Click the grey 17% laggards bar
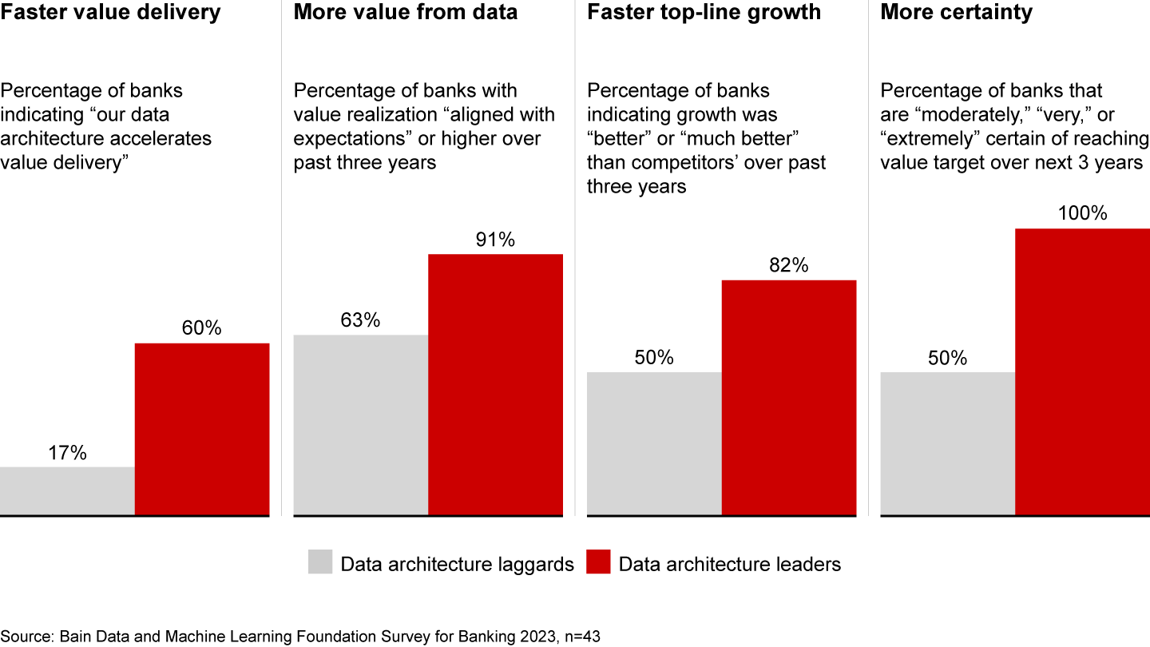67,491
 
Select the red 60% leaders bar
202,430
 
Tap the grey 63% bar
361,425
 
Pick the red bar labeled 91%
495,385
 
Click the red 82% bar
789,398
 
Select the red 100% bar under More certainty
1082,372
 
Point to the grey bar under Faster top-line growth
654,444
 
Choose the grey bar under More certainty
947,444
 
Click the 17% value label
67,453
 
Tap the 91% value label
495,240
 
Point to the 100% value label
1082,214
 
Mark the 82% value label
789,265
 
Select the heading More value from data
406,13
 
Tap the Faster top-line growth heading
704,13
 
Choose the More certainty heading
956,13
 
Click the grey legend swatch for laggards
320,562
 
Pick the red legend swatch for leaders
598,562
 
